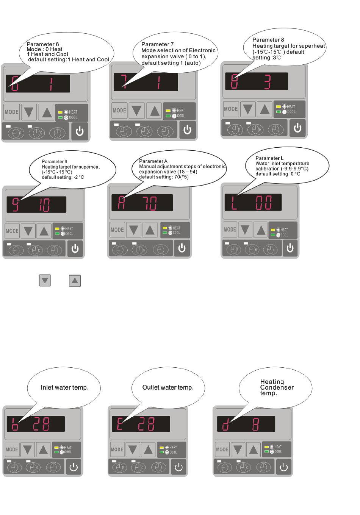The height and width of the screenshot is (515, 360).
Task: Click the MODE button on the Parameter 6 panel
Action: pos(11,112)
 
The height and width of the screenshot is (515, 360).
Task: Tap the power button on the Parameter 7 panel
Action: pos(187,130)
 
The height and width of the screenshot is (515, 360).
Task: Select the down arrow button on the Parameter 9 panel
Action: pos(28,231)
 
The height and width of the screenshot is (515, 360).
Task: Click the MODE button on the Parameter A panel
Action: pos(117,230)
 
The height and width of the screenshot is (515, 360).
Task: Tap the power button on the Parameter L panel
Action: pos(290,248)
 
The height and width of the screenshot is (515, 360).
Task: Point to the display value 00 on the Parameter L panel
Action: pos(264,203)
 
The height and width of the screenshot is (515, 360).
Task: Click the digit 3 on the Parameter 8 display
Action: pos(268,81)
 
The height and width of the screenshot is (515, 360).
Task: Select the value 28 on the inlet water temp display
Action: pos(41,424)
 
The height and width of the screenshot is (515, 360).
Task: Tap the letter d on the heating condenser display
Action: pos(225,424)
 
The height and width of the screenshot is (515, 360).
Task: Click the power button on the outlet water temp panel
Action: pos(178,467)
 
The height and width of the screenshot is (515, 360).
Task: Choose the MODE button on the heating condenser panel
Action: pos(222,449)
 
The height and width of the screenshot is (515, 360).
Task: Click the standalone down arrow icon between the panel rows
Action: pos(45,281)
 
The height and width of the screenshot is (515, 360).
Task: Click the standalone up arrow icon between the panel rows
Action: pos(75,281)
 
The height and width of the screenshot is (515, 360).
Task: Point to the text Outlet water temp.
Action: pos(168,387)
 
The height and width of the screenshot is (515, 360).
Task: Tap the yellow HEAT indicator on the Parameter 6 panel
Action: pos(60,112)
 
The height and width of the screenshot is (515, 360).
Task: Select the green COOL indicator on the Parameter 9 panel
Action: pos(57,234)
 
